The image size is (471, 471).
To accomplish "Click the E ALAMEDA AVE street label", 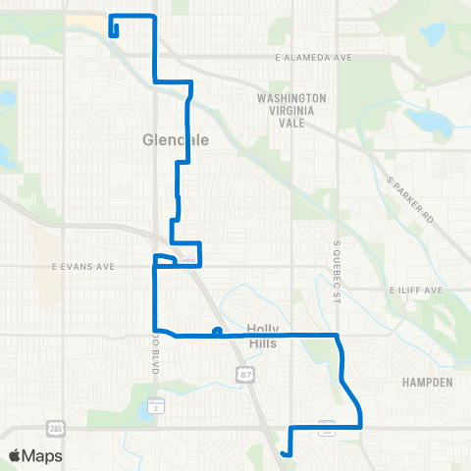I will point(313,58).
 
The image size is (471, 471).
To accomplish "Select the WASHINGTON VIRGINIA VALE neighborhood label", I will point(290,105).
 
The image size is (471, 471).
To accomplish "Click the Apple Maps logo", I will point(35,455).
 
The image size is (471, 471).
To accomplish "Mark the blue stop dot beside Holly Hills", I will point(216,331).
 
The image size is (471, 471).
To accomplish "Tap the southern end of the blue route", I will point(284,453).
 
